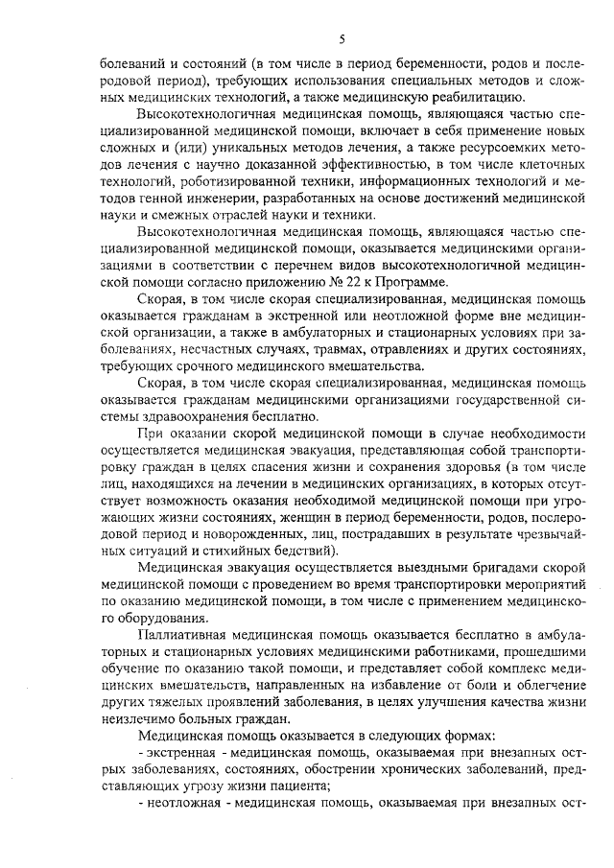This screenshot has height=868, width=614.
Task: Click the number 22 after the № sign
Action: pyautogui.click(x=354, y=283)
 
